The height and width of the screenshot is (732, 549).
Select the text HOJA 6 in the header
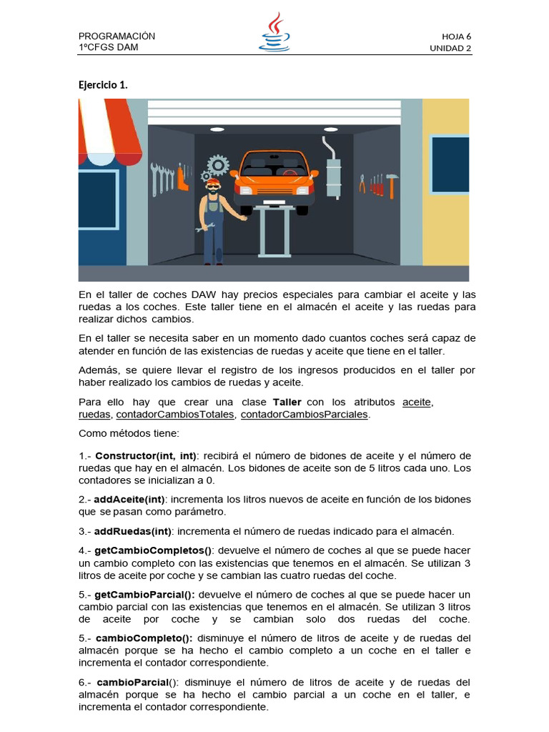coord(456,36)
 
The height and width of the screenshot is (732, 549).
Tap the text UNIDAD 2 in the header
coord(450,49)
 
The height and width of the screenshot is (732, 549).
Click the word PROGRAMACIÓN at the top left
coord(117,36)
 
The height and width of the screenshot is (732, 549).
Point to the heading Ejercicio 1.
coord(103,84)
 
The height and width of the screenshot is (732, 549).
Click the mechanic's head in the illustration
coord(212,187)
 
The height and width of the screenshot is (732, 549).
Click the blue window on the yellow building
coord(450,164)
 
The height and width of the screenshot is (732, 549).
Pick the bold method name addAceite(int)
coord(129,499)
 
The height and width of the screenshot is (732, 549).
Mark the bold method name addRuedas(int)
coord(132,530)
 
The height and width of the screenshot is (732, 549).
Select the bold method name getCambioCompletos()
coord(153,550)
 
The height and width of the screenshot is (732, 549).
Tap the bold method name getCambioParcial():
coord(144,595)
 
